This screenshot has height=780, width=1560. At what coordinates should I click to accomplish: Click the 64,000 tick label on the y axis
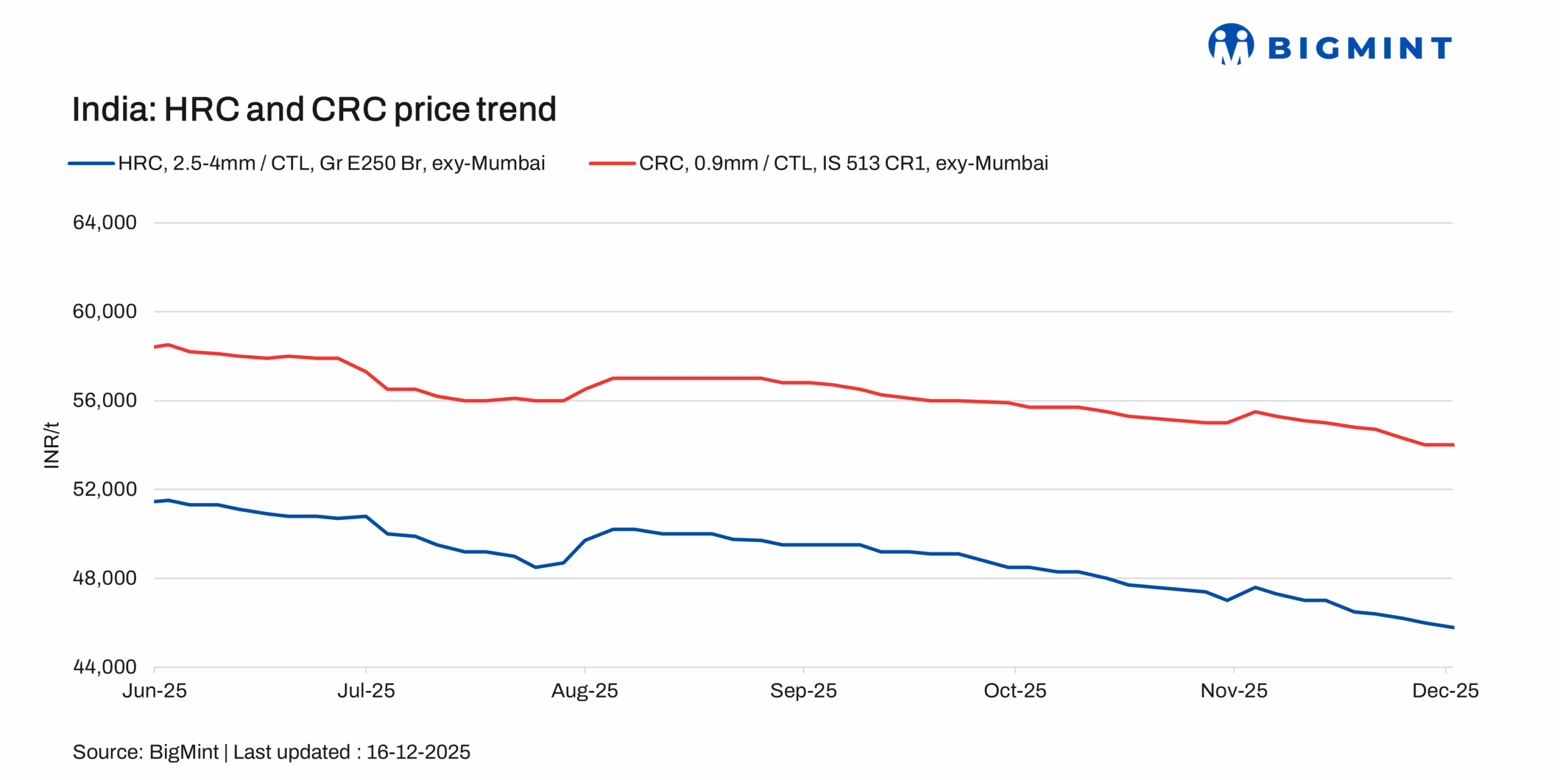click(104, 222)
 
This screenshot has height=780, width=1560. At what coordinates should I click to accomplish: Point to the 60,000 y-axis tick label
click(104, 311)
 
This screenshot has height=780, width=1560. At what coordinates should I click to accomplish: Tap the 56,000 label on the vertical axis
click(104, 400)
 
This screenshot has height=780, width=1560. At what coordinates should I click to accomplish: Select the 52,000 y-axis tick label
click(104, 489)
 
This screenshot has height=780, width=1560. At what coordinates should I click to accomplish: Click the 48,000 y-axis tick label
click(104, 578)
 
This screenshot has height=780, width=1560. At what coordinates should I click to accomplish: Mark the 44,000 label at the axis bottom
click(104, 667)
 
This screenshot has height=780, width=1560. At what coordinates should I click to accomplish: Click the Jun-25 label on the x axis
click(154, 690)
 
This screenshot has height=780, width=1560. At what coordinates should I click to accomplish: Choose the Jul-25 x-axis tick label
click(366, 690)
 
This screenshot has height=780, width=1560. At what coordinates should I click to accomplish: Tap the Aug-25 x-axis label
click(584, 690)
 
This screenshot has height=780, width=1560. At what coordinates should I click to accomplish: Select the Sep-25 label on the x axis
click(803, 690)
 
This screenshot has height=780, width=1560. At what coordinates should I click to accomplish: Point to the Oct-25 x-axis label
click(1015, 690)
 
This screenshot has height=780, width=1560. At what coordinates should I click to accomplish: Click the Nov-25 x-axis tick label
click(1233, 690)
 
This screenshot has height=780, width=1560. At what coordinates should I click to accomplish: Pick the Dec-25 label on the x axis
click(1445, 690)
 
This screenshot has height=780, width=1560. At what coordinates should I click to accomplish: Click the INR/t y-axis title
click(52, 445)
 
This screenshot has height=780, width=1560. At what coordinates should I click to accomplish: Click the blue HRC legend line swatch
click(91, 163)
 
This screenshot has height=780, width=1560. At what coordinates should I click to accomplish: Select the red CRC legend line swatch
click(612, 163)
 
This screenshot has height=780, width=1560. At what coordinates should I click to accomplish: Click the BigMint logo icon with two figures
click(1231, 44)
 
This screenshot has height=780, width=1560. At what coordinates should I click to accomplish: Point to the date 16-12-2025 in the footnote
click(418, 752)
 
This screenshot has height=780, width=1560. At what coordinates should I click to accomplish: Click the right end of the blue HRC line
click(1452, 627)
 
